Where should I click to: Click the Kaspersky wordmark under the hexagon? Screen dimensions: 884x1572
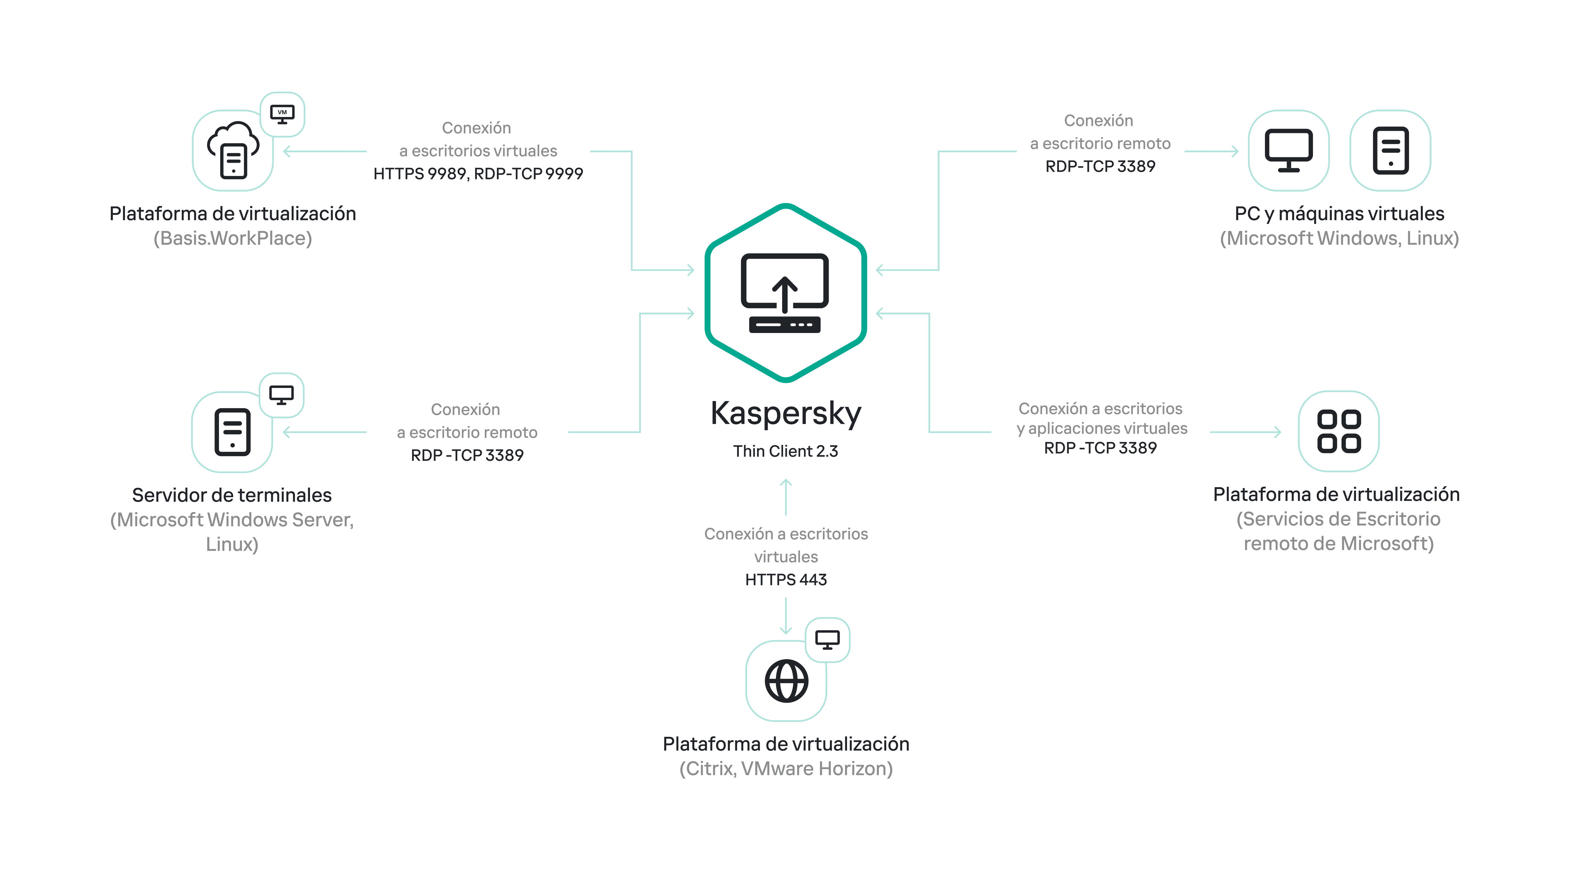pos(785,414)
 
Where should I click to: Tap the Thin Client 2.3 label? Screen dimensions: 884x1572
pos(785,451)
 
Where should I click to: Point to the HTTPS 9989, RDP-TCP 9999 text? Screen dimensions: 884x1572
pos(478,174)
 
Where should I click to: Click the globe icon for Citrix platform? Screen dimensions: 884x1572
pos(786,681)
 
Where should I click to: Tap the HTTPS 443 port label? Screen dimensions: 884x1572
pos(785,580)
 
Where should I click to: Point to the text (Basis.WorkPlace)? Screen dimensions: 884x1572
pos(233,239)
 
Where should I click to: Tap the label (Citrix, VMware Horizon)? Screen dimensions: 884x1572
pos(785,769)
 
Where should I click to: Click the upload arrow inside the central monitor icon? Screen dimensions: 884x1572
pos(785,292)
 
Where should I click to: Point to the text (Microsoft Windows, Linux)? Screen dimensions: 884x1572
pos(1339,239)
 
